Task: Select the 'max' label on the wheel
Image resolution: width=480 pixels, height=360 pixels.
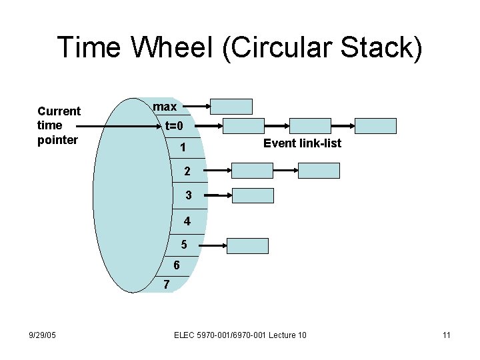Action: (x=165, y=107)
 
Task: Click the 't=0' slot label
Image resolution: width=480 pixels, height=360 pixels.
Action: (x=179, y=126)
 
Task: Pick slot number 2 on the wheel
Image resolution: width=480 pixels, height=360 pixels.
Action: (x=188, y=171)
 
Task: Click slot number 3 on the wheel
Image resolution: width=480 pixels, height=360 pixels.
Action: (x=189, y=196)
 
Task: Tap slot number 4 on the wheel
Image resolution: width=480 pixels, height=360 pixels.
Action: (x=187, y=221)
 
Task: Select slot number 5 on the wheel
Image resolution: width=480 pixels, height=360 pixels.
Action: (x=183, y=245)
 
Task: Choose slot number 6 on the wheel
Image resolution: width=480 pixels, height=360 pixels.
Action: (x=176, y=265)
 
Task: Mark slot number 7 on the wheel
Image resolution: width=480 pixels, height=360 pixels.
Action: (x=167, y=285)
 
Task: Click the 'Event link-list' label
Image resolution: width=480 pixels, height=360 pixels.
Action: (x=302, y=143)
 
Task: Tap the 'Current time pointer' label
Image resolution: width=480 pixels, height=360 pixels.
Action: (x=59, y=125)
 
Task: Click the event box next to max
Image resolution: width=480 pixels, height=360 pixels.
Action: (x=231, y=107)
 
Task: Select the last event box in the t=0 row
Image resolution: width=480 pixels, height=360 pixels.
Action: (x=375, y=126)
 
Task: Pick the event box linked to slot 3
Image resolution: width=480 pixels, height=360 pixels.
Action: (x=252, y=195)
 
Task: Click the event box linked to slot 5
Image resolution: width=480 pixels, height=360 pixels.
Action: (x=247, y=245)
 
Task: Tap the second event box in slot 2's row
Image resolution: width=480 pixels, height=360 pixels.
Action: (x=318, y=171)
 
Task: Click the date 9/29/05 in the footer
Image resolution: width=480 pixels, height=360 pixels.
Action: (x=42, y=335)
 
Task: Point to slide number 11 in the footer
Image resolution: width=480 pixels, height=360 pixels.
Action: (x=447, y=335)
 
